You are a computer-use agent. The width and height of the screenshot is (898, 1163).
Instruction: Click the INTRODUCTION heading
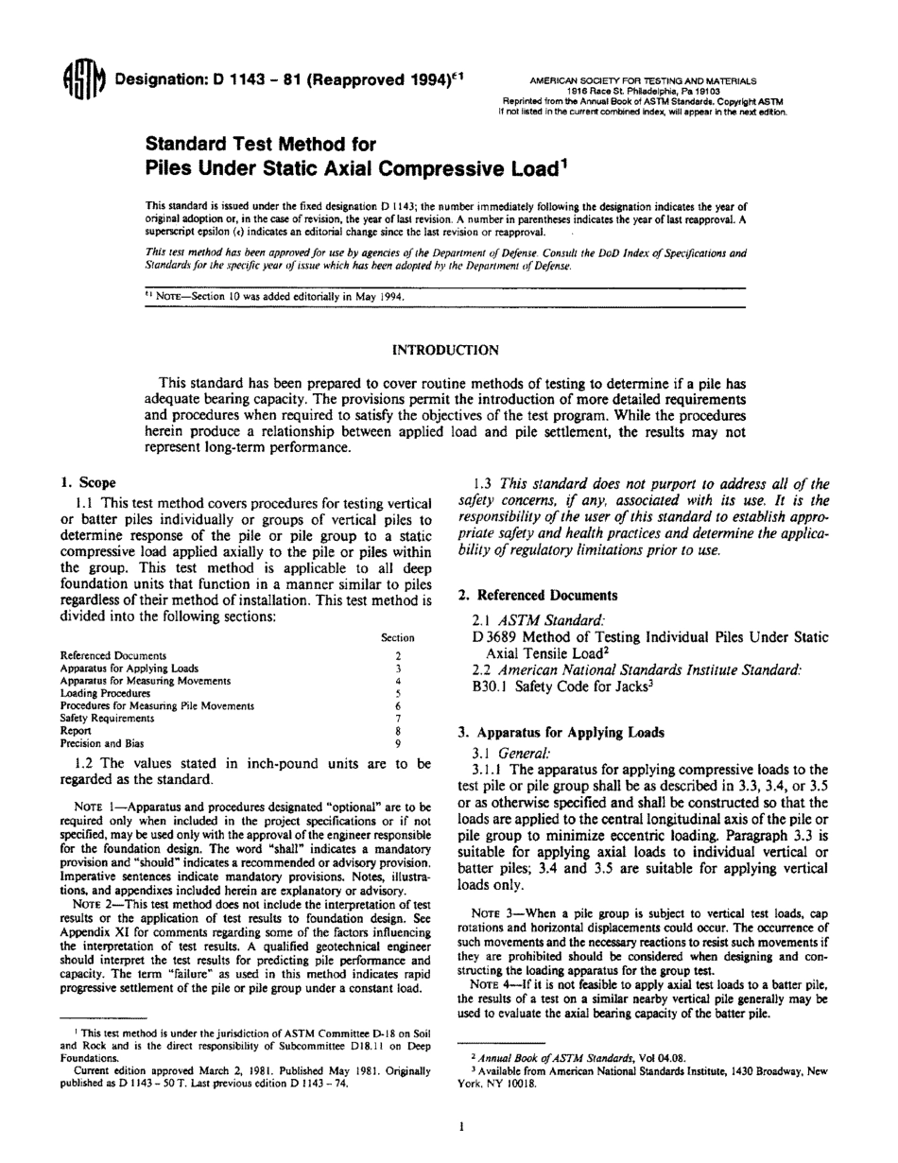[445, 350]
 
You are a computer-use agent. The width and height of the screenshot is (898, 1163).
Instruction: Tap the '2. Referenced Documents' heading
[538, 595]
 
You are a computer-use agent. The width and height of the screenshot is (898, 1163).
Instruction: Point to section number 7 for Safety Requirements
[398, 719]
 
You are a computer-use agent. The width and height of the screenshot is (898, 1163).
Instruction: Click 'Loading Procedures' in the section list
[105, 693]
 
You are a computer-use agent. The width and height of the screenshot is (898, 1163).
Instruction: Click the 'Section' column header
[397, 638]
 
